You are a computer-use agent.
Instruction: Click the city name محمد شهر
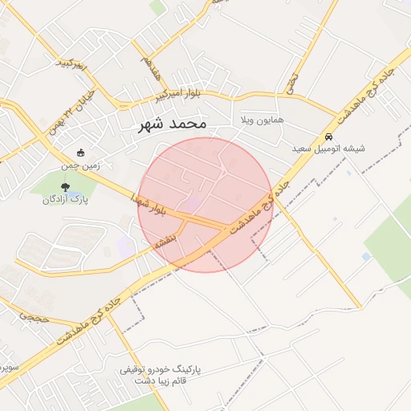[x=173, y=124]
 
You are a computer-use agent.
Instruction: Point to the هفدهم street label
[x=150, y=68]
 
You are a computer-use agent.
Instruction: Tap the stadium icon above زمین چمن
[x=80, y=153]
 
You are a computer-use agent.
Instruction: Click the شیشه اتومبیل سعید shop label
[x=328, y=149]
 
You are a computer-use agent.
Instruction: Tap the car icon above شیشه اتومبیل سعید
[x=328, y=135]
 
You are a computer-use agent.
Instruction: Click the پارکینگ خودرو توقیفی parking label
[x=162, y=370]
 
